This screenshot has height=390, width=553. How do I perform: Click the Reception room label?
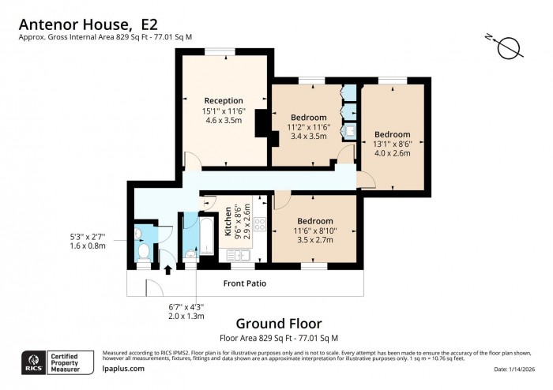coord(224,100)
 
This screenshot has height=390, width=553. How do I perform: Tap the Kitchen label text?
coord(229,222)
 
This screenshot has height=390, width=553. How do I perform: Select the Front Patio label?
coord(244,283)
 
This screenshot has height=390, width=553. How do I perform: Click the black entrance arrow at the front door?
coord(167,270)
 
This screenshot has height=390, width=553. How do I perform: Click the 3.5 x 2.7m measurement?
coord(314,240)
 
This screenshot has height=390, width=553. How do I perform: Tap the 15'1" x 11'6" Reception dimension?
coord(224,111)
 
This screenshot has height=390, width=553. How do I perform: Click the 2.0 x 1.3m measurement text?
coord(186,316)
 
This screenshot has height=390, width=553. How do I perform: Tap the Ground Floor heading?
coord(279,323)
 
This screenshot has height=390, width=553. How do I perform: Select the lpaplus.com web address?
coord(125,368)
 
